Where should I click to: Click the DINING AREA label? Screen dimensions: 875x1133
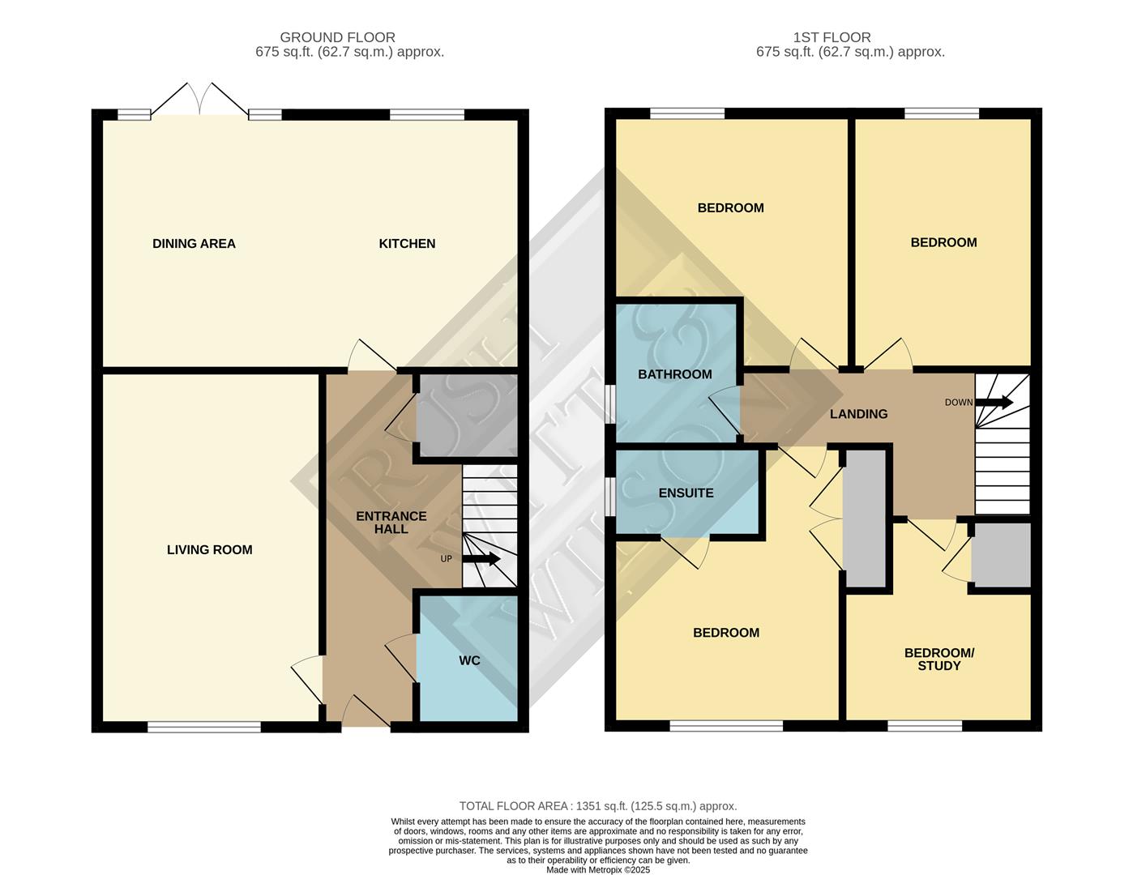pos(194,243)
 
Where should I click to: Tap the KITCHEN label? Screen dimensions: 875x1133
pos(407,243)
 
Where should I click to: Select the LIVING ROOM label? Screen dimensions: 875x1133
pos(209,549)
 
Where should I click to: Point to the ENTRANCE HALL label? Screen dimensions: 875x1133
pos(391,523)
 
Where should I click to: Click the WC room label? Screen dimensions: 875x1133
pos(469,660)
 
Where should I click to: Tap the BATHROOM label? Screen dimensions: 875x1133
pos(674,374)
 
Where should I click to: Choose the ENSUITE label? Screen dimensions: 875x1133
pos(686,493)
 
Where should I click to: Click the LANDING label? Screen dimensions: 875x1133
pos(858,414)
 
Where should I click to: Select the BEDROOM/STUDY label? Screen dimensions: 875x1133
pos(938,659)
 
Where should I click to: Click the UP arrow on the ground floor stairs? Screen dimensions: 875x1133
pos(483,559)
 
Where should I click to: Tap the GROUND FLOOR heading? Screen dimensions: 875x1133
pos(337,37)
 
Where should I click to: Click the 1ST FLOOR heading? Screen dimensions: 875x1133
pos(832,37)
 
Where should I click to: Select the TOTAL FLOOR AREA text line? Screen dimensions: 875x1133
pos(598,806)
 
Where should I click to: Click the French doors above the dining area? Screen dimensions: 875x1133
pos(200,100)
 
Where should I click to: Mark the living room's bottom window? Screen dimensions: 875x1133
pos(204,728)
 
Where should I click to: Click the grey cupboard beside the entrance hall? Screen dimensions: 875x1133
pos(466,418)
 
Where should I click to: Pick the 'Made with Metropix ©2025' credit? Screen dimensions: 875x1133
pos(598,869)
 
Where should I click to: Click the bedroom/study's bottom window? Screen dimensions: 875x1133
pos(925,726)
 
